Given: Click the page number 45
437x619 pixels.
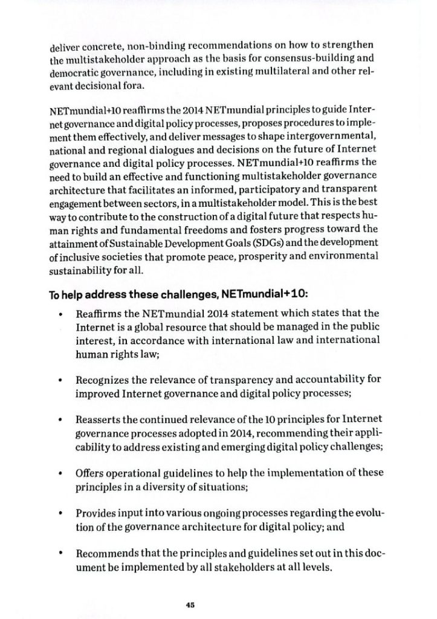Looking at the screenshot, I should (x=191, y=604).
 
